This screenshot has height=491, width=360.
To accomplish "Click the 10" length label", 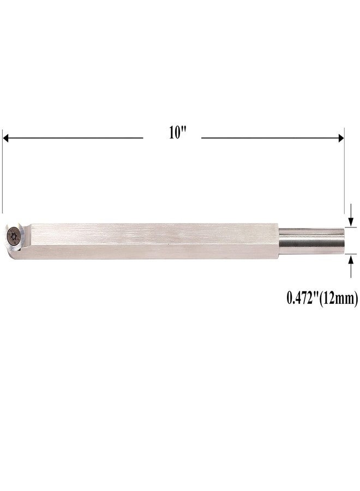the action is coord(177,133).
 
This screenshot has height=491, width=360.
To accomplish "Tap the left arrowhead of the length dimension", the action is coord(5,138).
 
